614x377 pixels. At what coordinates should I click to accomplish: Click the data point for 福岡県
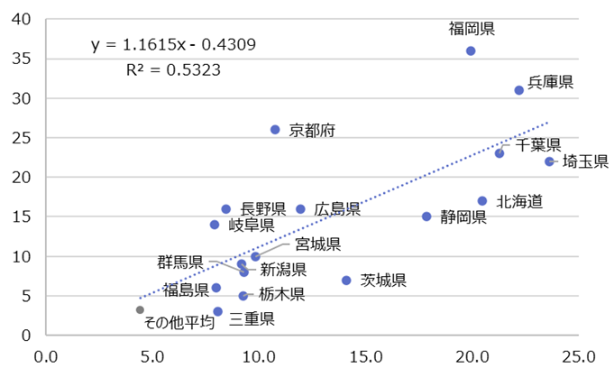(x=471, y=51)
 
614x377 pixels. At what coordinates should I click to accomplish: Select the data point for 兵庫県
(x=518, y=90)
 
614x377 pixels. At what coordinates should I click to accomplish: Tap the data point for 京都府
(x=275, y=130)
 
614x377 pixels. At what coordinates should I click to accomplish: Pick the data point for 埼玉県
(x=549, y=161)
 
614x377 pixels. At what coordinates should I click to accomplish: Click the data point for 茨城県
(x=346, y=280)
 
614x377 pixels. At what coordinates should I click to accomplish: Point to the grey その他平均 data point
(x=140, y=309)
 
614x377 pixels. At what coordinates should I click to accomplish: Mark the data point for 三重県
(x=217, y=311)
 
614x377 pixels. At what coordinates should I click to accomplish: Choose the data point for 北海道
(x=482, y=201)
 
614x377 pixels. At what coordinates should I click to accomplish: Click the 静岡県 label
(x=463, y=216)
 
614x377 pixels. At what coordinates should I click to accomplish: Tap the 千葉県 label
(x=538, y=144)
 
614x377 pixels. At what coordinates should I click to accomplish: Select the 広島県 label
(x=337, y=209)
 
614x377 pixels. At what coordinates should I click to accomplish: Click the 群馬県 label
(x=180, y=262)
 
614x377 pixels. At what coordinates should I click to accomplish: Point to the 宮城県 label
(x=317, y=244)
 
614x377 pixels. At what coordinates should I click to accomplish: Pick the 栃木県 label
(x=281, y=294)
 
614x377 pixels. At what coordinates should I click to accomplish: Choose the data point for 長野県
(x=225, y=209)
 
